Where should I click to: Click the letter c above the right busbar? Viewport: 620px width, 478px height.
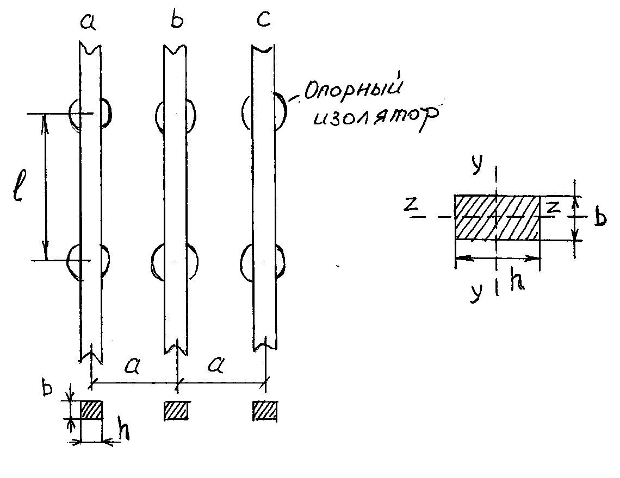pyautogui.click(x=263, y=23)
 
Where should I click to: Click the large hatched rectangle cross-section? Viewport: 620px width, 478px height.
pyautogui.click(x=497, y=217)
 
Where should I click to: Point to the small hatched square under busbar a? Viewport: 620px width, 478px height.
pyautogui.click(x=91, y=410)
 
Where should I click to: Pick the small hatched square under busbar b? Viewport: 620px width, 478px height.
pyautogui.click(x=176, y=410)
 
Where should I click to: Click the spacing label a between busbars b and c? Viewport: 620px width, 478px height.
pyautogui.click(x=217, y=367)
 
